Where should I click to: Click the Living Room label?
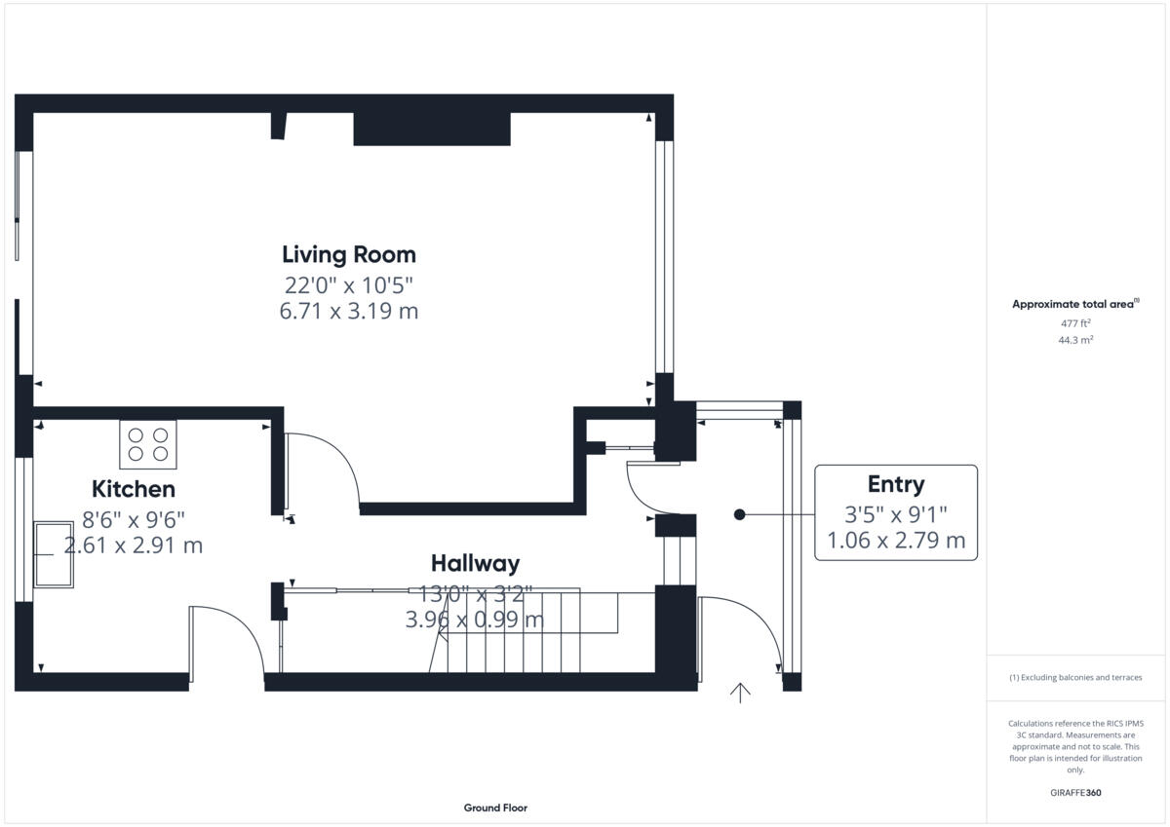[349, 254]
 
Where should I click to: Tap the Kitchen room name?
[134, 489]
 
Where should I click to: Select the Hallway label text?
[476, 563]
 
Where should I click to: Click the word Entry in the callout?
[896, 485]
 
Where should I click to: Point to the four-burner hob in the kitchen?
[148, 444]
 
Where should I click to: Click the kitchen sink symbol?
[54, 554]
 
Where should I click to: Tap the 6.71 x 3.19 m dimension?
[349, 311]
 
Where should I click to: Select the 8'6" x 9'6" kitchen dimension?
[134, 520]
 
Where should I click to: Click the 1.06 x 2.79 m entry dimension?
[896, 540]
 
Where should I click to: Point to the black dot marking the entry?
[739, 514]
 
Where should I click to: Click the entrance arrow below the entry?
[740, 694]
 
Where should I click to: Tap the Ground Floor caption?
[495, 808]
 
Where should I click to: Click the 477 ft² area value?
[1075, 323]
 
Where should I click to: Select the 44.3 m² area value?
[1075, 340]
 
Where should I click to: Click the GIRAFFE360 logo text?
[1075, 793]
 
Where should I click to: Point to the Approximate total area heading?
[1075, 304]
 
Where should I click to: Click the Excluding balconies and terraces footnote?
[1075, 677]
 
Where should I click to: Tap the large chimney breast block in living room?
[432, 129]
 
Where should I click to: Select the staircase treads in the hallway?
[523, 631]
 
